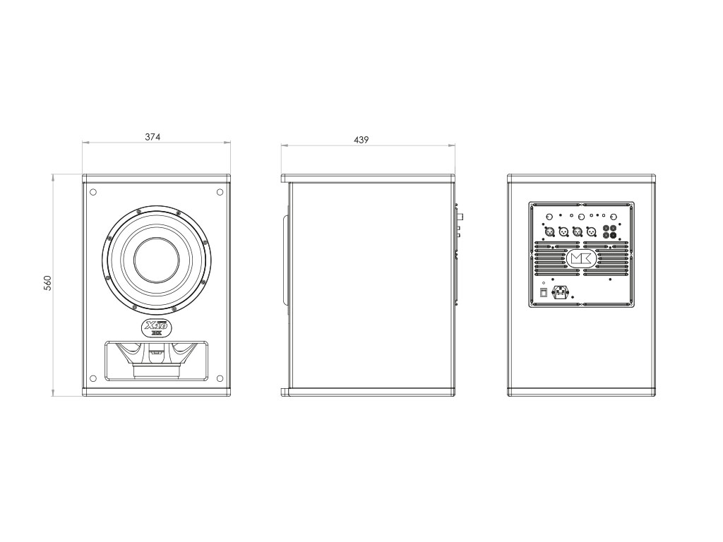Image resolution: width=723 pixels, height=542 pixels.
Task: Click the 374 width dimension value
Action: coord(153,137)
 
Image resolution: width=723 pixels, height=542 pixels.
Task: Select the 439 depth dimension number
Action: coord(361,140)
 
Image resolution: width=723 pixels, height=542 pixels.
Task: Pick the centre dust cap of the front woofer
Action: coord(156,261)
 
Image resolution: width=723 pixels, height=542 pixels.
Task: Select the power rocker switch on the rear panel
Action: coord(543,292)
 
